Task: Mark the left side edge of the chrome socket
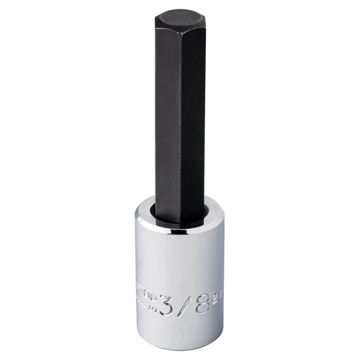pos(135,274)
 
